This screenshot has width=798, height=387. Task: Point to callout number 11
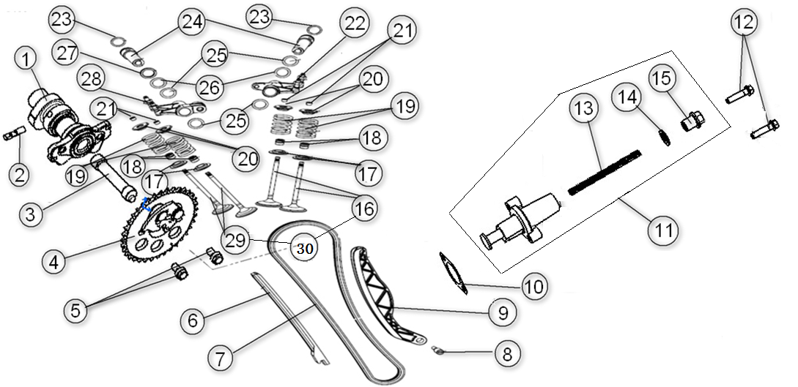click(x=662, y=230)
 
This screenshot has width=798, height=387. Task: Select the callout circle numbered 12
click(x=742, y=23)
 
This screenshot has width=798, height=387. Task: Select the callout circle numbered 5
click(x=77, y=309)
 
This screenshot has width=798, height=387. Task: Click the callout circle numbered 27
click(x=67, y=53)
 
